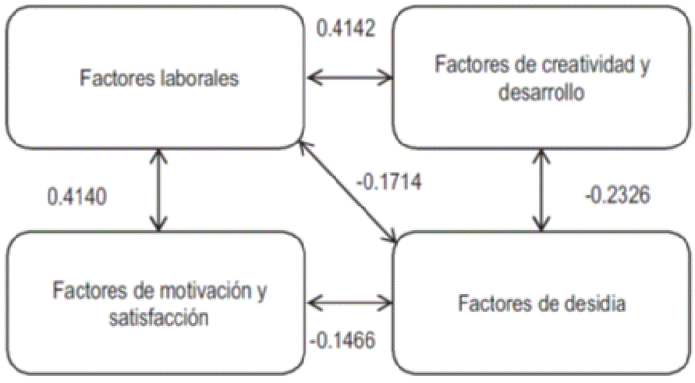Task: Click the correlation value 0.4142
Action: tap(346, 29)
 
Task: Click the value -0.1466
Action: tap(342, 340)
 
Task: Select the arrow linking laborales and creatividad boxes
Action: tap(349, 76)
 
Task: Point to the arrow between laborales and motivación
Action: tap(159, 191)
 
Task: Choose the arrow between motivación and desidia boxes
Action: tap(349, 301)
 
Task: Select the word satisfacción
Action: tap(161, 317)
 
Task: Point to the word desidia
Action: tap(594, 303)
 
